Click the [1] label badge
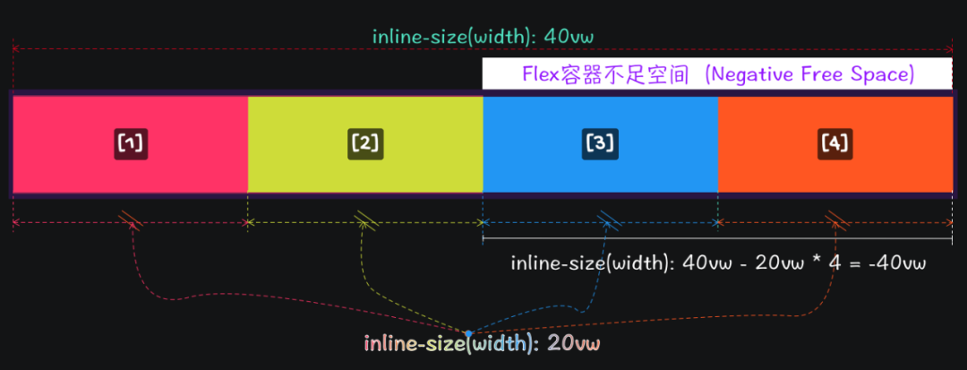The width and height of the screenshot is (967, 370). (131, 143)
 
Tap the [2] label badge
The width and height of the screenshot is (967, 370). (365, 143)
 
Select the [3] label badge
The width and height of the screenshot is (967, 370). (600, 143)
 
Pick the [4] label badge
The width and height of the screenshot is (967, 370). (834, 143)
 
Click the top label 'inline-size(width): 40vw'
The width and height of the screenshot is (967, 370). (483, 37)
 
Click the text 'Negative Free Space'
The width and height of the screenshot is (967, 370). (809, 74)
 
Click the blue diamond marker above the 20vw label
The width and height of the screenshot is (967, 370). (468, 333)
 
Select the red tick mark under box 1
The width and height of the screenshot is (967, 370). (131, 220)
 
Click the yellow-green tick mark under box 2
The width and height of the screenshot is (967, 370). (365, 220)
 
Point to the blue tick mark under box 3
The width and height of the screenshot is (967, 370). (611, 220)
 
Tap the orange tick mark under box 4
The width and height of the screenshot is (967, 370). (838, 220)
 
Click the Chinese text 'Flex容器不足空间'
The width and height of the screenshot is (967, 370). (606, 74)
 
